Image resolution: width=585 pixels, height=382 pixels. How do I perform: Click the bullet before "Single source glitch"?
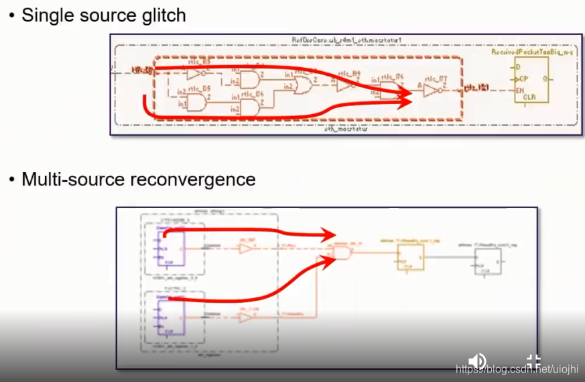11,15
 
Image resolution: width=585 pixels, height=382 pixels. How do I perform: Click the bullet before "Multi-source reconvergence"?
11,181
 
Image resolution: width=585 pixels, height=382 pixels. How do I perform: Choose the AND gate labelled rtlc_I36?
249,106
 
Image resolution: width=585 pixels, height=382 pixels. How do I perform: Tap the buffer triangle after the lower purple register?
246,316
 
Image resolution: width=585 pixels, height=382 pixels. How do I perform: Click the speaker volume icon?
478,362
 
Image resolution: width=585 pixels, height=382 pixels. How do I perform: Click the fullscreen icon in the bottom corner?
533,362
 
